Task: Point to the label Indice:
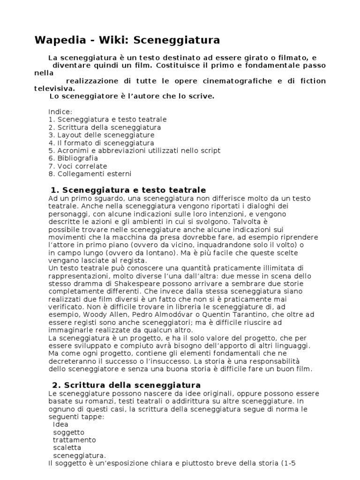[x=60, y=112]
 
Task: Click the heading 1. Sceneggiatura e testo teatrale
[x=127, y=190]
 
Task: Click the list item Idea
[x=60, y=424]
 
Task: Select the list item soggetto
[x=68, y=432]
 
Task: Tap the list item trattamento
[x=74, y=440]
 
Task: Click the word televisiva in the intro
[x=53, y=88]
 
